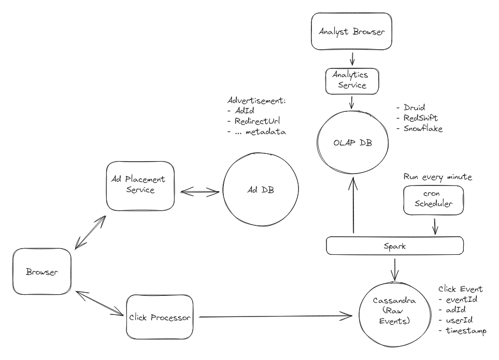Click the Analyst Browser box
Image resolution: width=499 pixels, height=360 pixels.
352,32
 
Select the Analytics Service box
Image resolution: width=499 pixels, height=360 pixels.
352,80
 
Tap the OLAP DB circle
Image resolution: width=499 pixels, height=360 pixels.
352,142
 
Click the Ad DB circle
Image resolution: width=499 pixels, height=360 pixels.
260,190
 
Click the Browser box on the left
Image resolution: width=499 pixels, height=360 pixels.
41,272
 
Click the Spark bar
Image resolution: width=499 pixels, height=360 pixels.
395,246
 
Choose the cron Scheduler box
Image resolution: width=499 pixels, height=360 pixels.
434,199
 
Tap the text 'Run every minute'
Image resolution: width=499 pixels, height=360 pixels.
438,177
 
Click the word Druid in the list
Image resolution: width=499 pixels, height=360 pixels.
414,108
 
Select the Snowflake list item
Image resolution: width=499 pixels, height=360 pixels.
423,128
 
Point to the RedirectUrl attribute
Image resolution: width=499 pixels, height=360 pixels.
258,121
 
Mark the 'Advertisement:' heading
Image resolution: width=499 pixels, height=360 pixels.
256,100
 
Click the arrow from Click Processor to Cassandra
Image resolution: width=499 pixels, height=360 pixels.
275,315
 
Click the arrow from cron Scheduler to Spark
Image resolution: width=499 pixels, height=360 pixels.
434,225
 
